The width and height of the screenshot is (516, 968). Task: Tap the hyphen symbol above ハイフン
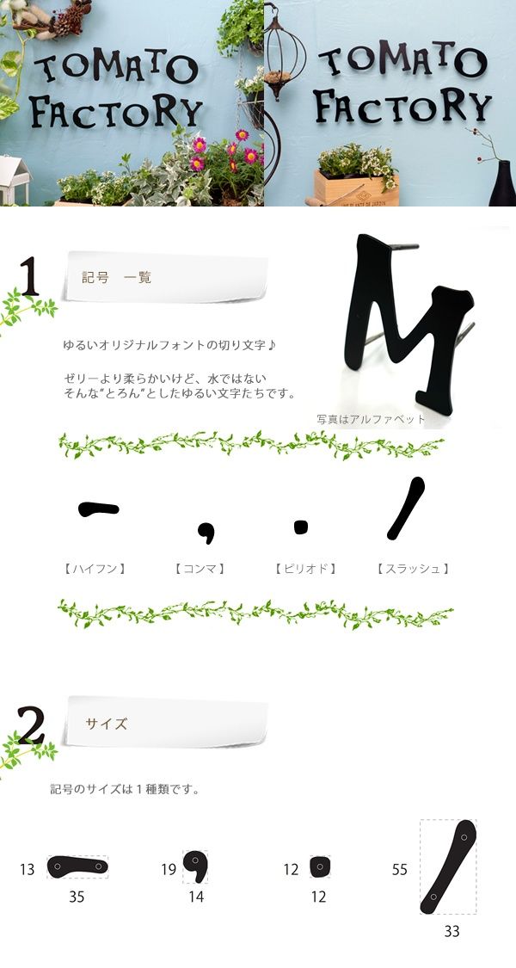[x=99, y=509]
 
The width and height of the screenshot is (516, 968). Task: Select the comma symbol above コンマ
[x=206, y=532]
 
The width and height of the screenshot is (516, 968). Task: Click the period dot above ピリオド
[x=301, y=527]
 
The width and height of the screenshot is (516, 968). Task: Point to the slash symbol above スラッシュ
[x=406, y=508]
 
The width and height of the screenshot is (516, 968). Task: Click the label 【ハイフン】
[x=95, y=569]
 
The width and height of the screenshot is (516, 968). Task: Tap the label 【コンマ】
[x=200, y=569]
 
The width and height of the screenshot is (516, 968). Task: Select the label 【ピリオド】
[x=305, y=569]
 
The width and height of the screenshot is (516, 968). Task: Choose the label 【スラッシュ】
[x=413, y=569]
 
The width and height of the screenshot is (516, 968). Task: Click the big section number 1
[x=29, y=276]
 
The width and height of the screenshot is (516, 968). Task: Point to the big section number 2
[x=31, y=724]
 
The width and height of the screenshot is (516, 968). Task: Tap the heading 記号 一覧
[x=117, y=277]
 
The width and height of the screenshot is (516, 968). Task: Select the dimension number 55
[x=399, y=869]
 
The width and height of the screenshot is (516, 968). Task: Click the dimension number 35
[x=77, y=897]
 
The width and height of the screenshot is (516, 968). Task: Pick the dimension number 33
[x=451, y=932]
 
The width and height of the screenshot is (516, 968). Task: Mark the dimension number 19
[x=169, y=869]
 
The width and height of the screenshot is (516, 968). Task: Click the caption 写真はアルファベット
[x=371, y=419]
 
